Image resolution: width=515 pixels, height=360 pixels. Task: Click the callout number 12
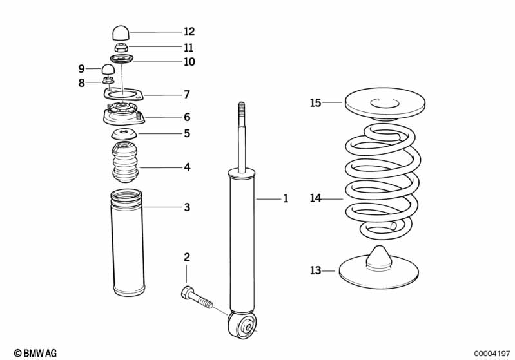tap(189, 32)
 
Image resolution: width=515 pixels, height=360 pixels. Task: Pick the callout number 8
tap(81, 82)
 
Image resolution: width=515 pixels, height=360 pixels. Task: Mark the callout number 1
tap(285, 199)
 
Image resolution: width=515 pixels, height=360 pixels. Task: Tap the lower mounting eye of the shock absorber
tap(246, 326)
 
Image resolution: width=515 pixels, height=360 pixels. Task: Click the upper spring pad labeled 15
tap(386, 103)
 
